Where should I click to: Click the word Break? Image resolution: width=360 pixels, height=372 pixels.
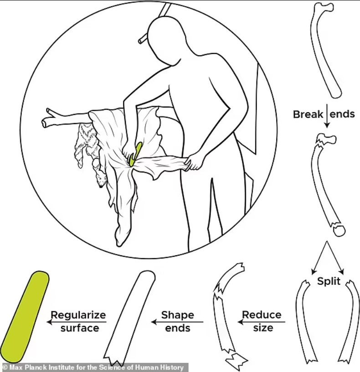click(x=308, y=114)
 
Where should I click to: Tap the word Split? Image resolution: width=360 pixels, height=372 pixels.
click(x=329, y=281)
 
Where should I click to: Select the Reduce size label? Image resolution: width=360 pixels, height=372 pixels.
click(x=262, y=320)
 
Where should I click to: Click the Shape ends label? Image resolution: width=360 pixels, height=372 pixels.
click(x=177, y=320)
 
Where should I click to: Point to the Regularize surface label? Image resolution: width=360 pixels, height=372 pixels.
click(x=78, y=320)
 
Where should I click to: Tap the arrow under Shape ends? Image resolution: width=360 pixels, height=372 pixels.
click(x=177, y=322)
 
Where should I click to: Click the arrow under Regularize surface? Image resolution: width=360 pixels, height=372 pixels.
click(x=77, y=322)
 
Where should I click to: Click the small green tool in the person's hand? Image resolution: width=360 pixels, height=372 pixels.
click(x=135, y=154)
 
